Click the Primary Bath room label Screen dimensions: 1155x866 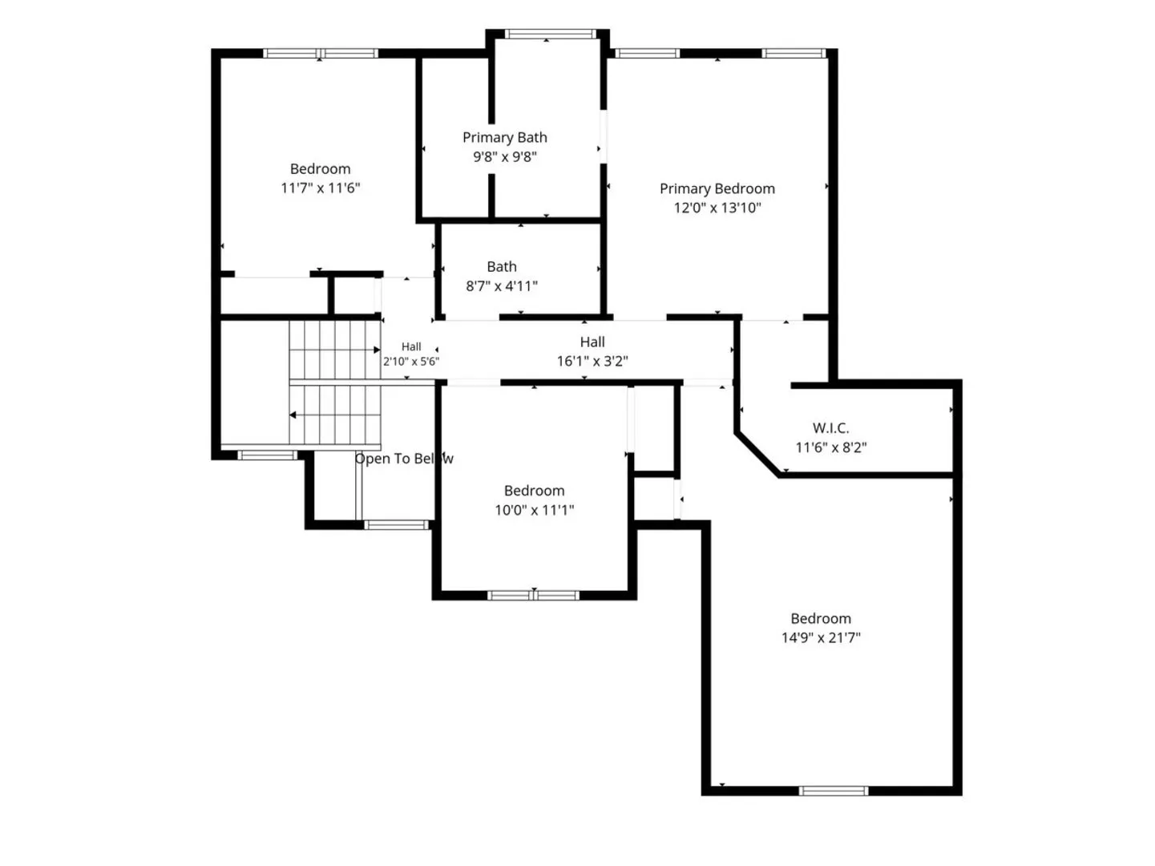[505, 137]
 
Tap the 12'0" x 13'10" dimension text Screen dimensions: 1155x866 [717, 208]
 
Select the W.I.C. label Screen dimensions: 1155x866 [830, 427]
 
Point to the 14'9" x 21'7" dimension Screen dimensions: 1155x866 [821, 637]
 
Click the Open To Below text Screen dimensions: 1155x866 [404, 459]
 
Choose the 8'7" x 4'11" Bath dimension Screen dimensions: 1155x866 [502, 285]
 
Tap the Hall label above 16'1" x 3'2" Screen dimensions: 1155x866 [592, 342]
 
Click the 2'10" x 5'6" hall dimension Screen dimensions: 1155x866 [411, 361]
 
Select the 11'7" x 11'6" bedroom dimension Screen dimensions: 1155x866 [320, 188]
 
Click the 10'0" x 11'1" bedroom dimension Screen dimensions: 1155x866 [534, 510]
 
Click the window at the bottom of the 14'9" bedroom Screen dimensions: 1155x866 [834, 791]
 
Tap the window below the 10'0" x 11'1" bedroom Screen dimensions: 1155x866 [533, 596]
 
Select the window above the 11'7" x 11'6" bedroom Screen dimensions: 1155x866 [321, 53]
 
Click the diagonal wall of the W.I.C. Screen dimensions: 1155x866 [757, 455]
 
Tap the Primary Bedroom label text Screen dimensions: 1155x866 [717, 188]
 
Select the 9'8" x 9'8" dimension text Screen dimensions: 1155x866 [505, 157]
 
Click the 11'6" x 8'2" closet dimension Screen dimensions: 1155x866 [831, 447]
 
